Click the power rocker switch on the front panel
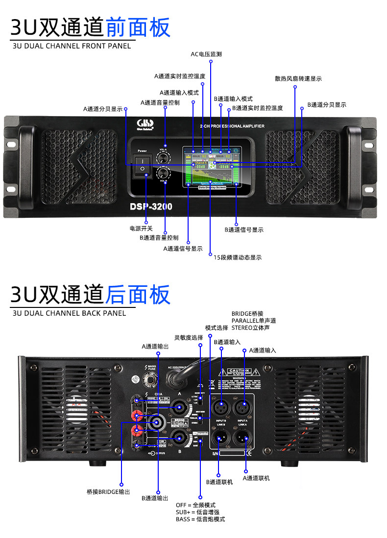(143, 164)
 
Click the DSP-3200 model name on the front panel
(151, 207)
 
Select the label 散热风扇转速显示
(298, 79)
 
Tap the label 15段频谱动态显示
(238, 257)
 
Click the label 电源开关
(141, 229)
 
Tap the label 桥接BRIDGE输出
(108, 491)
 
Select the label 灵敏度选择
(189, 337)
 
